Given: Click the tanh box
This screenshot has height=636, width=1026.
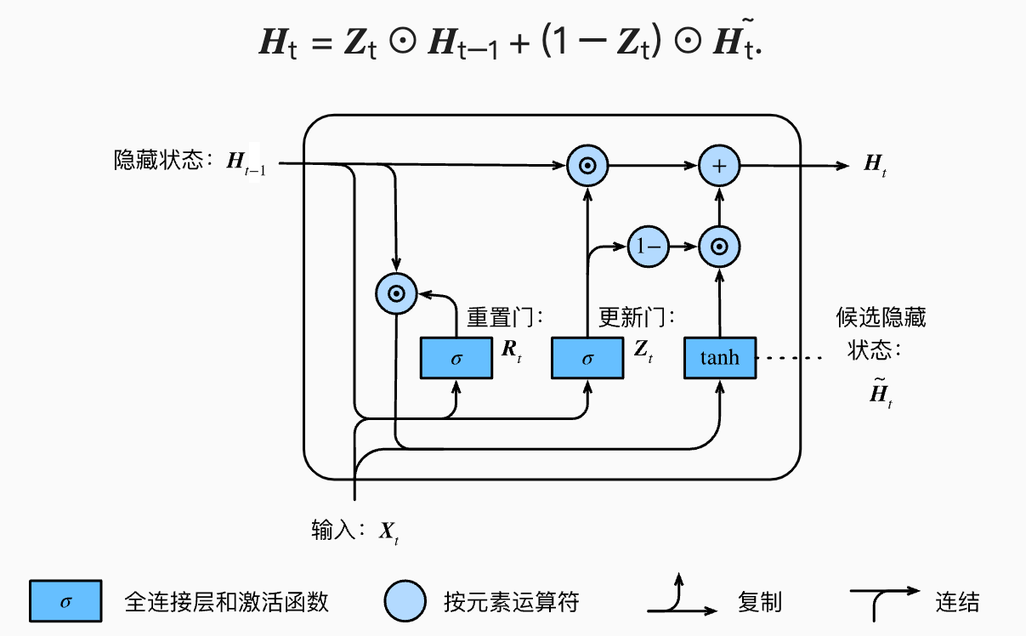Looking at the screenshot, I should point(720,358).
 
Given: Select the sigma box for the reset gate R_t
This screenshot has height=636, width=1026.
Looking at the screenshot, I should point(456,358).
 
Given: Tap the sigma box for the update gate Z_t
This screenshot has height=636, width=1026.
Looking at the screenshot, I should point(587,358).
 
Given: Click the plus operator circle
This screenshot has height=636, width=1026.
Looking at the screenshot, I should point(719,166).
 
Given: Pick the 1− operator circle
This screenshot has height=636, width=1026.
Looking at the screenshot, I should point(648,247).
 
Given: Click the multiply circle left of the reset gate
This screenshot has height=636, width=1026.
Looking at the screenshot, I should point(395,294).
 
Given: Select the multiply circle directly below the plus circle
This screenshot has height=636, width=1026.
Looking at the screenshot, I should point(719,247).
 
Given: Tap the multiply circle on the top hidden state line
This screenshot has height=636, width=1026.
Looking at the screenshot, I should point(587,166).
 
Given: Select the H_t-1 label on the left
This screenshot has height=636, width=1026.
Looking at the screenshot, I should point(246,163).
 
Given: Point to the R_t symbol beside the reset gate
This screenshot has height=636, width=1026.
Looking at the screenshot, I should point(512,349).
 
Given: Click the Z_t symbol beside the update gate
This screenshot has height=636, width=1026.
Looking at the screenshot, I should point(643,349).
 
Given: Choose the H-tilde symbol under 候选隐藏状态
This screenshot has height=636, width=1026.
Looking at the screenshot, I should point(881,394).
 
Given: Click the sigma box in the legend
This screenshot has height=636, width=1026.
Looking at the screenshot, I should point(65,602).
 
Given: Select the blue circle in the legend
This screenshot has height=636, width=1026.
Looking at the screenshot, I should point(405,602).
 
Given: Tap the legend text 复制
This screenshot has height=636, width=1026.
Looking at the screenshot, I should point(760,603).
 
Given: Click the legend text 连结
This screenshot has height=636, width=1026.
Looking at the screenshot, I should point(957,603).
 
